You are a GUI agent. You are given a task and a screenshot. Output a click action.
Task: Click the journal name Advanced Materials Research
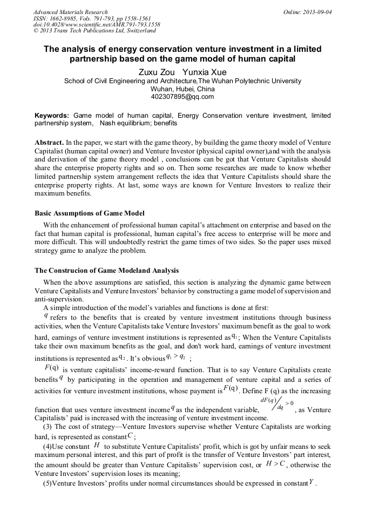click(70, 12)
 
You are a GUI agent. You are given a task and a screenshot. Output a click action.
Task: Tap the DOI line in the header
click(97, 24)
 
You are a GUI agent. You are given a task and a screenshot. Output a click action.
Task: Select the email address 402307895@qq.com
click(182, 97)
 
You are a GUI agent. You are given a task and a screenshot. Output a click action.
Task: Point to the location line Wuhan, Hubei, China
click(182, 89)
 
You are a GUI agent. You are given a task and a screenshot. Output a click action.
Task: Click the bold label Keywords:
click(52, 116)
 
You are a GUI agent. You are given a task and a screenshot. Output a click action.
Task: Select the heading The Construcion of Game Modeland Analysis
click(106, 270)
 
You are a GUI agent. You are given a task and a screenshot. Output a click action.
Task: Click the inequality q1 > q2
click(176, 357)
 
